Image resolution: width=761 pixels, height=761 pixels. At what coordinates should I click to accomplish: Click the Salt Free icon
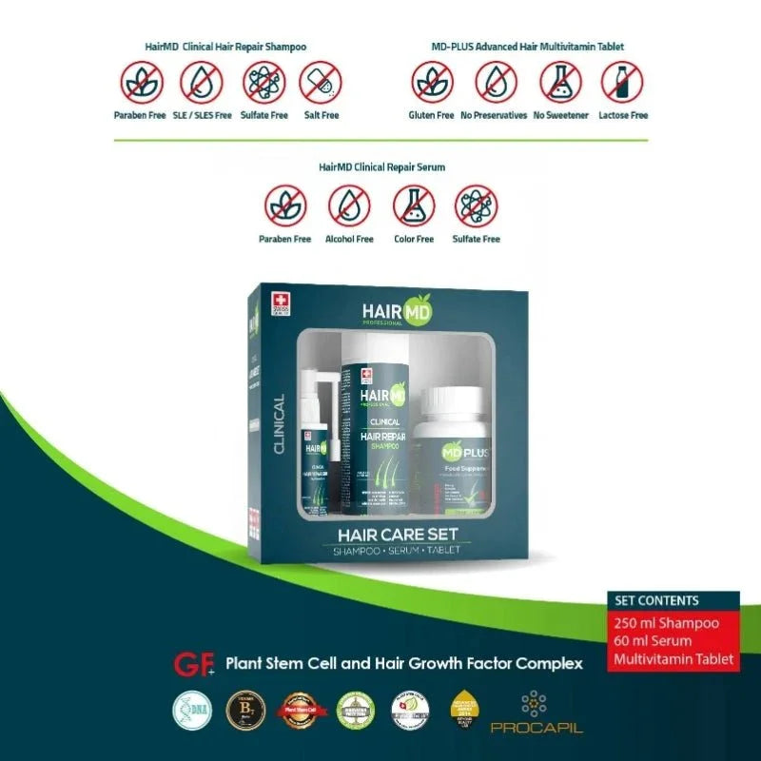pos(321,83)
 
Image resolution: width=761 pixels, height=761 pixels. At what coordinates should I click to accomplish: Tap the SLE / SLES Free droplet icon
pos(201,83)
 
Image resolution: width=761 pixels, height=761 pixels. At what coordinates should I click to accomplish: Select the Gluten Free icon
pos(433,83)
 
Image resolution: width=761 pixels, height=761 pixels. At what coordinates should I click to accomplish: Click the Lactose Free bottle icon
pos(623,83)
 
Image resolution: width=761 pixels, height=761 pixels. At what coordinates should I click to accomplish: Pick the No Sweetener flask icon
pos(560,83)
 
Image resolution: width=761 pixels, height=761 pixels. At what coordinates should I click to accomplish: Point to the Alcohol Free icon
pos(349,205)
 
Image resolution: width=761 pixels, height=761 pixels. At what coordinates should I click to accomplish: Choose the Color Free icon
pos(414,205)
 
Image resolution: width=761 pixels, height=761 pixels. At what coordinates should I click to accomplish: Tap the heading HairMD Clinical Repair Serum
pos(381,166)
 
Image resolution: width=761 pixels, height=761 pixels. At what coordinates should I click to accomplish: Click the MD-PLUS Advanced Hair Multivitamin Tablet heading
pos(526,46)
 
